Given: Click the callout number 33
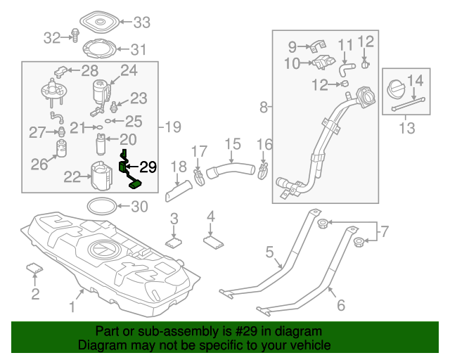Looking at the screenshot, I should click(142, 22).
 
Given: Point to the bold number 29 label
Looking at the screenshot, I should click(148, 167).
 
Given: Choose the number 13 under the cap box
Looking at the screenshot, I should click(406, 128).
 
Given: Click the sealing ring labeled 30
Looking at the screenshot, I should click(102, 206).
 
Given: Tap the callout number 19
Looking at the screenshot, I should click(173, 127).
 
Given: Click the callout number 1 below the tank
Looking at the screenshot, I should click(71, 306).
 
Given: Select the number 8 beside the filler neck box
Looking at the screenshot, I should click(264, 108).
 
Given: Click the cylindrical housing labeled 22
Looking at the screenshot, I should click(102, 176).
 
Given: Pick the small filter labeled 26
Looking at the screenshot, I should click(62, 149).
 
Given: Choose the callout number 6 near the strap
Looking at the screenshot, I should click(342, 305).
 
